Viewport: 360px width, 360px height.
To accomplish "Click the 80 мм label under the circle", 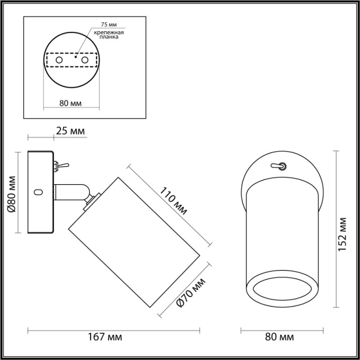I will click(71, 103).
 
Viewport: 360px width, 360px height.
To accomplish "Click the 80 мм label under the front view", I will click(281, 338).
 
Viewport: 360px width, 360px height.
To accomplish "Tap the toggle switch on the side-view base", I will click(61, 165).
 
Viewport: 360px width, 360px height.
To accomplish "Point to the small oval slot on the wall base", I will click(39, 193).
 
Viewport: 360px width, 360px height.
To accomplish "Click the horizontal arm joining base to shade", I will click(72, 192).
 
